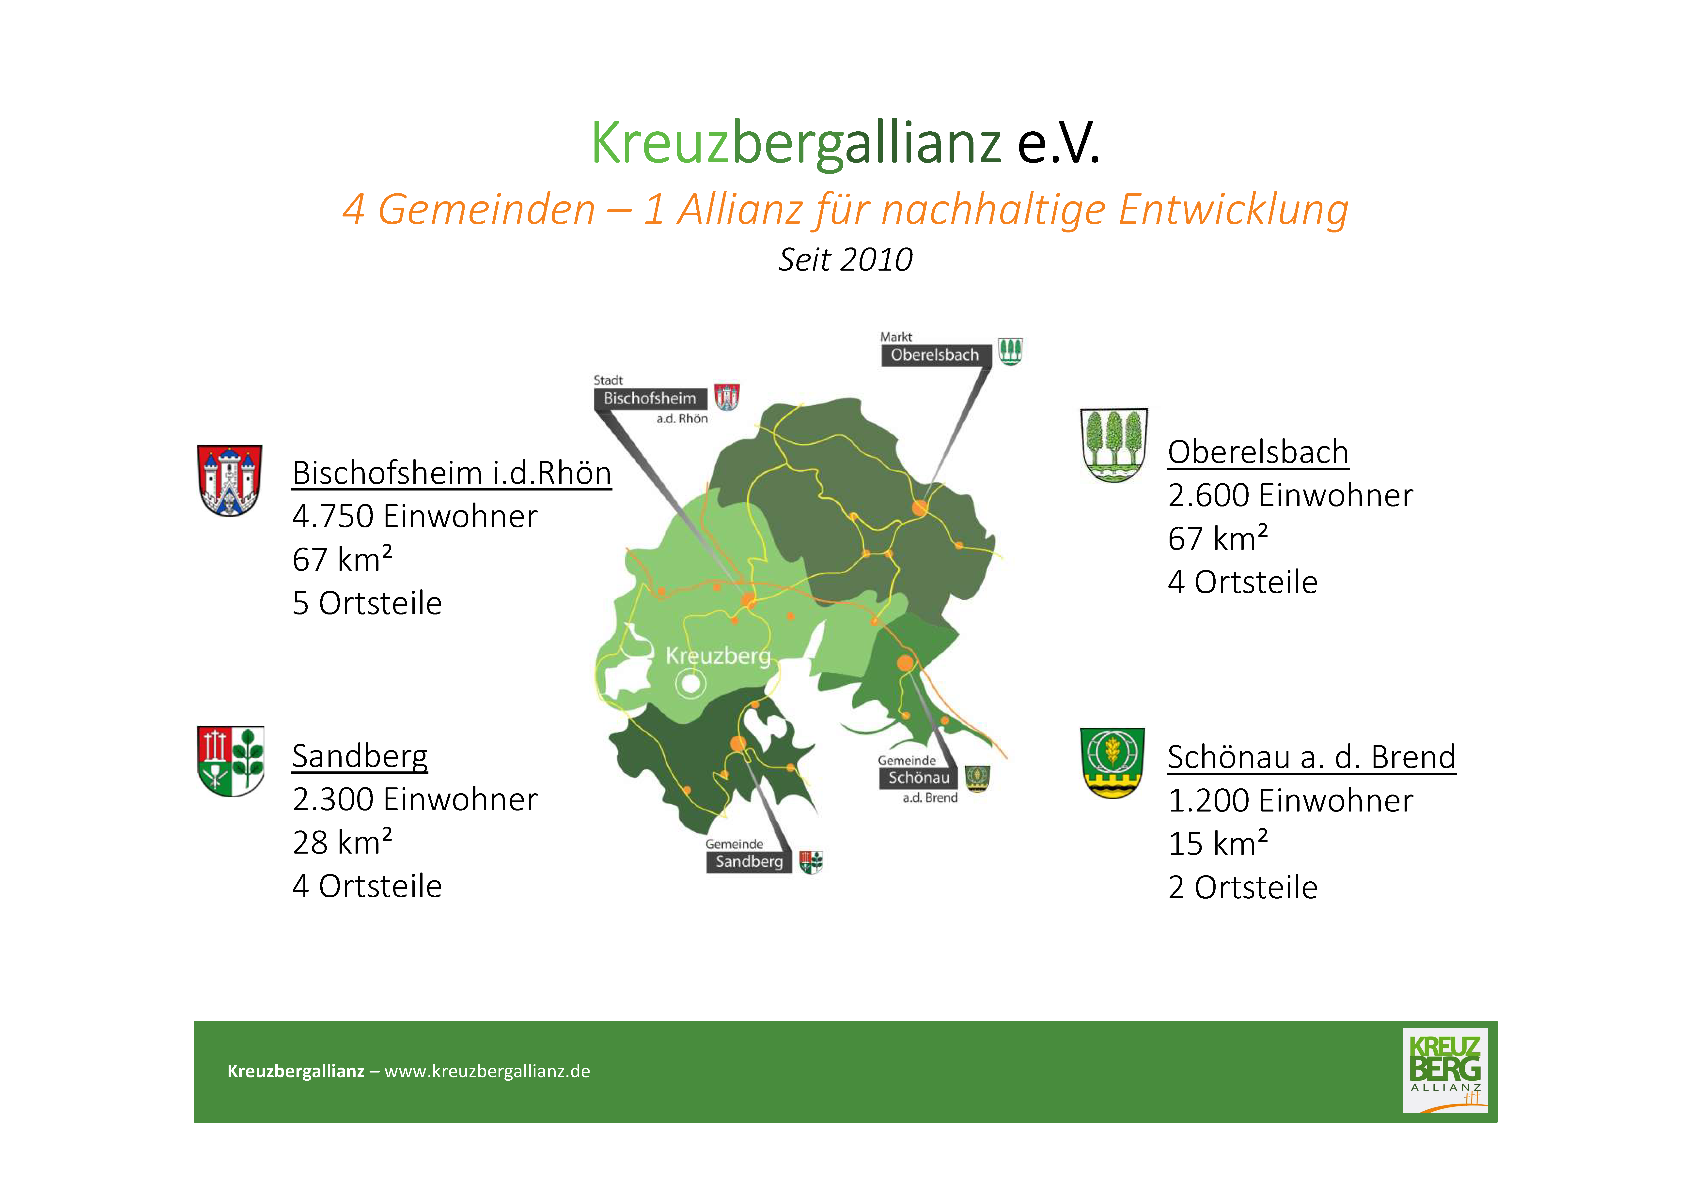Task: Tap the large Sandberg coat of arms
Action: point(231,761)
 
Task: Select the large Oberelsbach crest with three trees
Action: point(1113,445)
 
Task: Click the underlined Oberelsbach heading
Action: point(1258,452)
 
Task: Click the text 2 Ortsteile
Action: point(1242,887)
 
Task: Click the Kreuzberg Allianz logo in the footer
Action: point(1445,1071)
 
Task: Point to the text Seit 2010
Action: point(845,259)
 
